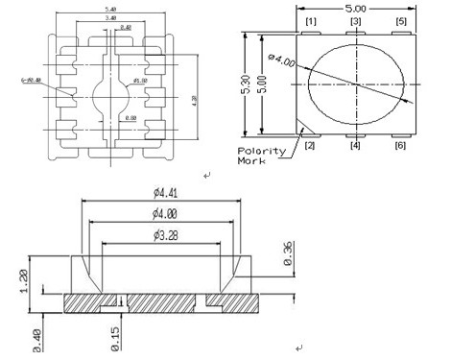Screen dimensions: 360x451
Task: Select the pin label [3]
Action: [356, 21]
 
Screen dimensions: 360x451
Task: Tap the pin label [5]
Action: [401, 21]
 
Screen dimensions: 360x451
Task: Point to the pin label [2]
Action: [310, 145]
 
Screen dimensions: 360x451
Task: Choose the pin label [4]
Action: [356, 145]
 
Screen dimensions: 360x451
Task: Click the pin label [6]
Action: [401, 145]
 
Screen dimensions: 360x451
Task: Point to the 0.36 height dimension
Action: [289, 252]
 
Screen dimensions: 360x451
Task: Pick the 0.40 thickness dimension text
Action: [36, 338]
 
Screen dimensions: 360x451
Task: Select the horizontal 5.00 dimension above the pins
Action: [356, 8]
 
